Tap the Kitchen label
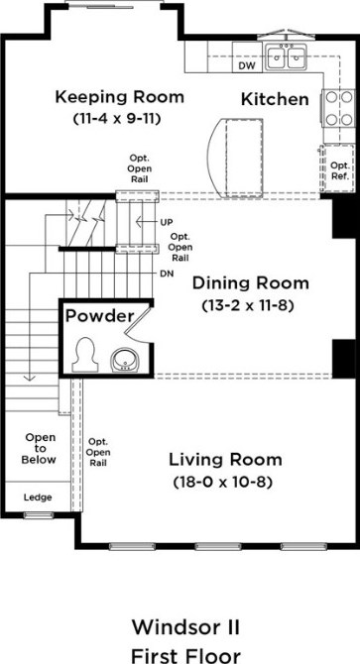[x=277, y=99]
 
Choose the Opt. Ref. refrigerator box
[x=338, y=169]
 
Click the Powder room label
[x=99, y=317]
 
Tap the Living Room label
[x=224, y=461]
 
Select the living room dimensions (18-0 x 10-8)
[x=225, y=483]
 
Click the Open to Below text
[x=41, y=448]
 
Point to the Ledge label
[x=38, y=497]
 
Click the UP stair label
[x=166, y=222]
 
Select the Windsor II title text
[x=180, y=626]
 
